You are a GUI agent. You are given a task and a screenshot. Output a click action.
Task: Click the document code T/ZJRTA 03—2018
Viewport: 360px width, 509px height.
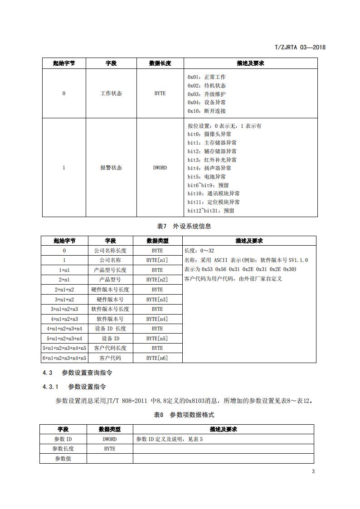click(x=300, y=47)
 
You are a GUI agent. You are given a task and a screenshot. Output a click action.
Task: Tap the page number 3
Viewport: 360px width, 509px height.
click(x=313, y=471)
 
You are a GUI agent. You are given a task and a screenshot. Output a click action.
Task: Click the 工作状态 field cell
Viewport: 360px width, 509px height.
click(x=111, y=94)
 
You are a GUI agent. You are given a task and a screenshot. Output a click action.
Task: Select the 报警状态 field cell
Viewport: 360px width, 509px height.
click(x=111, y=168)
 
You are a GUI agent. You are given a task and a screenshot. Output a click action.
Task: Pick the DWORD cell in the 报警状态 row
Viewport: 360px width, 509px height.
click(x=160, y=168)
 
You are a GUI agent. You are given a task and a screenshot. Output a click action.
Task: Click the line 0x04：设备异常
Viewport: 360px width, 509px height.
click(x=207, y=102)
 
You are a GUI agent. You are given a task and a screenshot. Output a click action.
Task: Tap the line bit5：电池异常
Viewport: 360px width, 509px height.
click(x=206, y=177)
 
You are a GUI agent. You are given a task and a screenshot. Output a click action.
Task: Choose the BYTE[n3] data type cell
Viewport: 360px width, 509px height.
click(x=157, y=300)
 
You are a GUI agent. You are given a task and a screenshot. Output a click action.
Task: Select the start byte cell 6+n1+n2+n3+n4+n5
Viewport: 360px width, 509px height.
click(x=64, y=358)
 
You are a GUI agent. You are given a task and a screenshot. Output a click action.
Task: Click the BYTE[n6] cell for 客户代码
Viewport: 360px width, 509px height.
click(x=157, y=358)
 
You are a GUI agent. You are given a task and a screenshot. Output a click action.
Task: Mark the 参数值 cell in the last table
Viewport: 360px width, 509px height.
click(x=63, y=458)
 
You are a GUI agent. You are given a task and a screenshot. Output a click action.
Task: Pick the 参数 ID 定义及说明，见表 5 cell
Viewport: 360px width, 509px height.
click(x=170, y=439)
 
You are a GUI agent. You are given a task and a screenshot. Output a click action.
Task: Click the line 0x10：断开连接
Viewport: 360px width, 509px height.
click(x=207, y=111)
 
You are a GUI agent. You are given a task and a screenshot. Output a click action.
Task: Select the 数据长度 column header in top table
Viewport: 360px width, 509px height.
click(x=160, y=63)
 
